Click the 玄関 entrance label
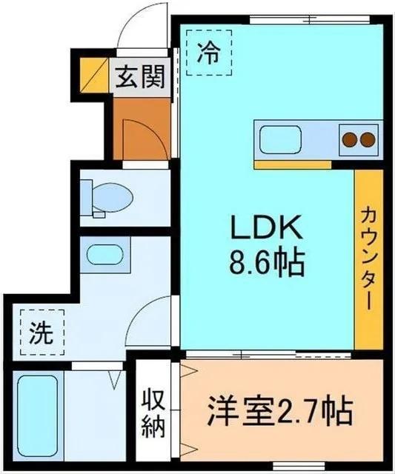(139, 77)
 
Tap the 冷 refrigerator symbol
(210, 53)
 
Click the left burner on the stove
(348, 138)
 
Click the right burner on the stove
(366, 138)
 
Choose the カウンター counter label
(368, 259)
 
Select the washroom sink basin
(103, 254)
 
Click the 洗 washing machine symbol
(41, 333)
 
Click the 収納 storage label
(155, 412)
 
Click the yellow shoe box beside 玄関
(96, 76)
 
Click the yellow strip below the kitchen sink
(282, 164)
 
